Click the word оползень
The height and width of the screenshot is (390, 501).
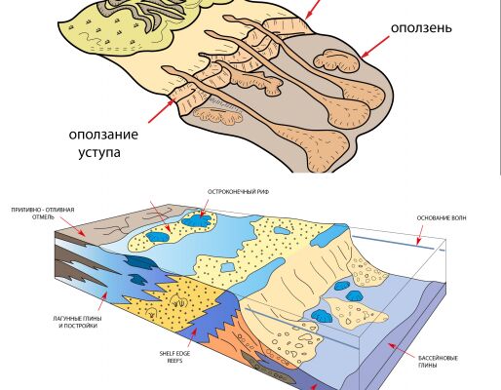421,28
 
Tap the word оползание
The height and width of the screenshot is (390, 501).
103,135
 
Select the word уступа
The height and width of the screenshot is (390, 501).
99,153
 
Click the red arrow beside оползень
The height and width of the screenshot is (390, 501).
374,47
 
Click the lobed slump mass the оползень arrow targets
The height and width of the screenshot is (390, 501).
337,60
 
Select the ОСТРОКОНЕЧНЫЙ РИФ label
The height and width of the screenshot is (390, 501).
238,192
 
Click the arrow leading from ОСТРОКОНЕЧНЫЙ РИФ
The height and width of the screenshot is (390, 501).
204,208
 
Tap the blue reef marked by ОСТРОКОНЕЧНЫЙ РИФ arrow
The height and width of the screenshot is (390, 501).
197,221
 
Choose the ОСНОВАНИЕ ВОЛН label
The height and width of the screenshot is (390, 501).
442,218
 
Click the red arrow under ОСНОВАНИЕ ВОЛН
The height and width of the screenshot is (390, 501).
420,235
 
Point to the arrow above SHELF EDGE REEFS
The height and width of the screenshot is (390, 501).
192,338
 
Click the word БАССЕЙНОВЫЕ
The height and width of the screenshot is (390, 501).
438,358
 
